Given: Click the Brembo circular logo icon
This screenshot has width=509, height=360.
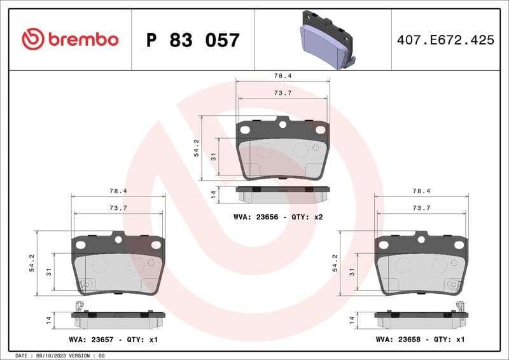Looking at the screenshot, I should (x=32, y=39).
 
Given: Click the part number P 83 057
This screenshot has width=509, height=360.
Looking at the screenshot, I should (x=193, y=40).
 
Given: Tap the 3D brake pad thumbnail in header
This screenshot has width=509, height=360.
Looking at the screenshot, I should (x=327, y=39).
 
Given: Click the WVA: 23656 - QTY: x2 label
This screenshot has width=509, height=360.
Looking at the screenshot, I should (x=279, y=217).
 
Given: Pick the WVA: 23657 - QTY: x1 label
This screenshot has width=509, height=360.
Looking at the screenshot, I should (x=113, y=340).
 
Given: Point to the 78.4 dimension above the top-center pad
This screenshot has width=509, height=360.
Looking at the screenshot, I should (x=283, y=75).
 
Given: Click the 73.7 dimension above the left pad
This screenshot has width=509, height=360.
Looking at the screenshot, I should (x=118, y=208).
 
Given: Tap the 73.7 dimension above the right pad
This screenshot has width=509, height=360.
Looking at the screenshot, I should (x=421, y=208).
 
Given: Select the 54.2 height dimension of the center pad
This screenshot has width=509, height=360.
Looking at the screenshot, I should (x=197, y=148).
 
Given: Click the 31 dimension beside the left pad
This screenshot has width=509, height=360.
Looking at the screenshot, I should (x=49, y=272).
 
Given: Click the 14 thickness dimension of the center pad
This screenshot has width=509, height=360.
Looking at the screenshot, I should (x=214, y=194).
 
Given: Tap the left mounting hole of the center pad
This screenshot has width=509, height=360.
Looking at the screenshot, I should (x=245, y=130).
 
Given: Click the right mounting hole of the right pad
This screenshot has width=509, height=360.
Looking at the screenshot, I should (x=459, y=245).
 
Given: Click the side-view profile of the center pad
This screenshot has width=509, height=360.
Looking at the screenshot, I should (x=283, y=190).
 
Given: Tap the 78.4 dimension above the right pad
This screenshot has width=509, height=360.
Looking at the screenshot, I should (x=421, y=191).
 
